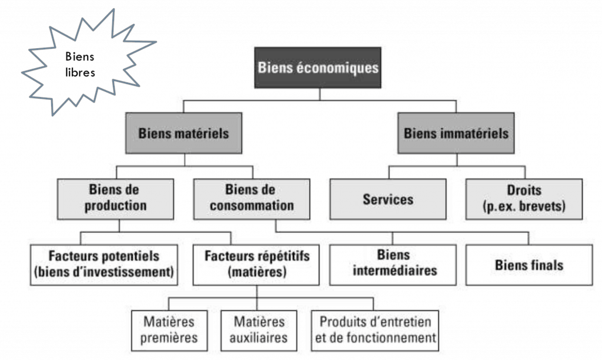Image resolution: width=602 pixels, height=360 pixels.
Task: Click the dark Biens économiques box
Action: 318,67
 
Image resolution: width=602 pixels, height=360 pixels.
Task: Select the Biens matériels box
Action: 183,133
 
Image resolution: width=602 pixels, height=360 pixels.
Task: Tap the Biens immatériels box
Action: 456,133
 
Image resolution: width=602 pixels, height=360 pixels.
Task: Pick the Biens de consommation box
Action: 252,198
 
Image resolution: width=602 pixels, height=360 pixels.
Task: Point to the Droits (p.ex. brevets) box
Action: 524,199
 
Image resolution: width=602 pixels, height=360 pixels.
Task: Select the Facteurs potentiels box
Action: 104,264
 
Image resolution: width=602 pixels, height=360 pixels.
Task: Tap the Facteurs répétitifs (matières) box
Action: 256,264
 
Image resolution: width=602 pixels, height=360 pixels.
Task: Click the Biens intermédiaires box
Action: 393,264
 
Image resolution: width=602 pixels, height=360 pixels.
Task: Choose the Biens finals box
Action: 529,264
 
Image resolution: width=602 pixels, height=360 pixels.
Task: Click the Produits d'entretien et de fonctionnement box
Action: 374,330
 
